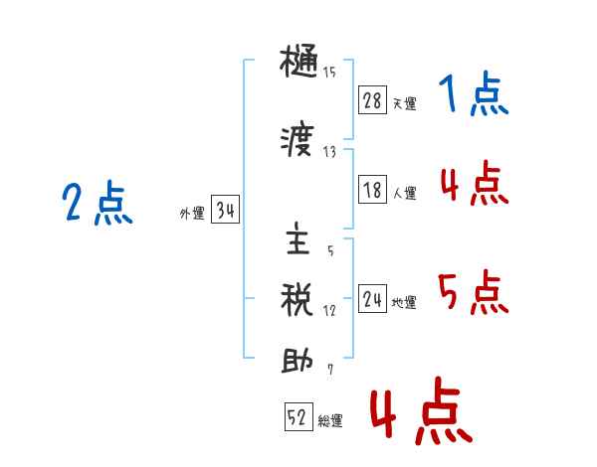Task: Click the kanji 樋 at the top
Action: point(298,62)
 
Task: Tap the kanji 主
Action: point(298,238)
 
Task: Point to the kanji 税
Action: point(297,300)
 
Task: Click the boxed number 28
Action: point(372,100)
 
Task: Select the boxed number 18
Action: point(372,190)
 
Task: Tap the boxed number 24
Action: point(372,298)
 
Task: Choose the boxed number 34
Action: point(225,210)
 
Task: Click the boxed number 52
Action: point(298,416)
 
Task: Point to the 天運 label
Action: point(405,103)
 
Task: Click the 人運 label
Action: point(405,193)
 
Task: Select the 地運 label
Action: point(404,302)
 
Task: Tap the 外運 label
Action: point(192,214)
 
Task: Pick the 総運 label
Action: point(330,420)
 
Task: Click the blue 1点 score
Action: point(474,93)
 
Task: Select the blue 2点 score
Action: point(98,203)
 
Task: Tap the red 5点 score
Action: point(474,292)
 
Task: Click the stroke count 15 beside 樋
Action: point(329,73)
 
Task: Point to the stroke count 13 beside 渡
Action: point(329,152)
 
